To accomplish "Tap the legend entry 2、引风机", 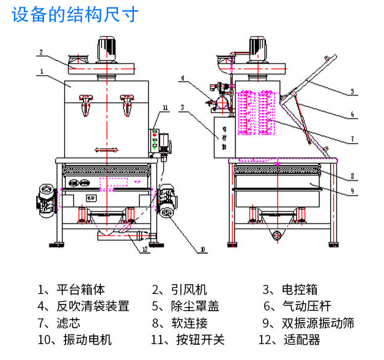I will pos(180,290).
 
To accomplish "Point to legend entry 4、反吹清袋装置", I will pos(83,306).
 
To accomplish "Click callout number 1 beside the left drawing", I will pos(40,72).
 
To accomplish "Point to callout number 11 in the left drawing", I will pos(164,109).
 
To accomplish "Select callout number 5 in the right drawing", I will pos(353,92).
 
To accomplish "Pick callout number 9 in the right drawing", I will pos(352,191).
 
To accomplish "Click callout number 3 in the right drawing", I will pos(182,107).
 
